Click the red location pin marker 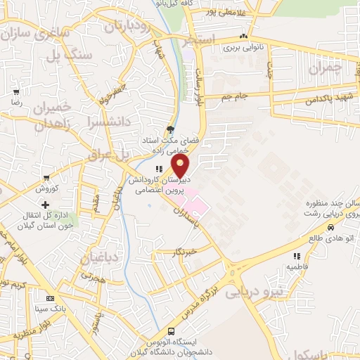click(181, 166)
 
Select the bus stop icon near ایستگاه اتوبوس click(172, 332)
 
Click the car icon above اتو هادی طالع click(330, 227)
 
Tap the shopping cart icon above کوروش click(46, 179)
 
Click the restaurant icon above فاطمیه click(296, 257)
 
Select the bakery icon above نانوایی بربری click(243, 37)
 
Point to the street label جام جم click(237, 96)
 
